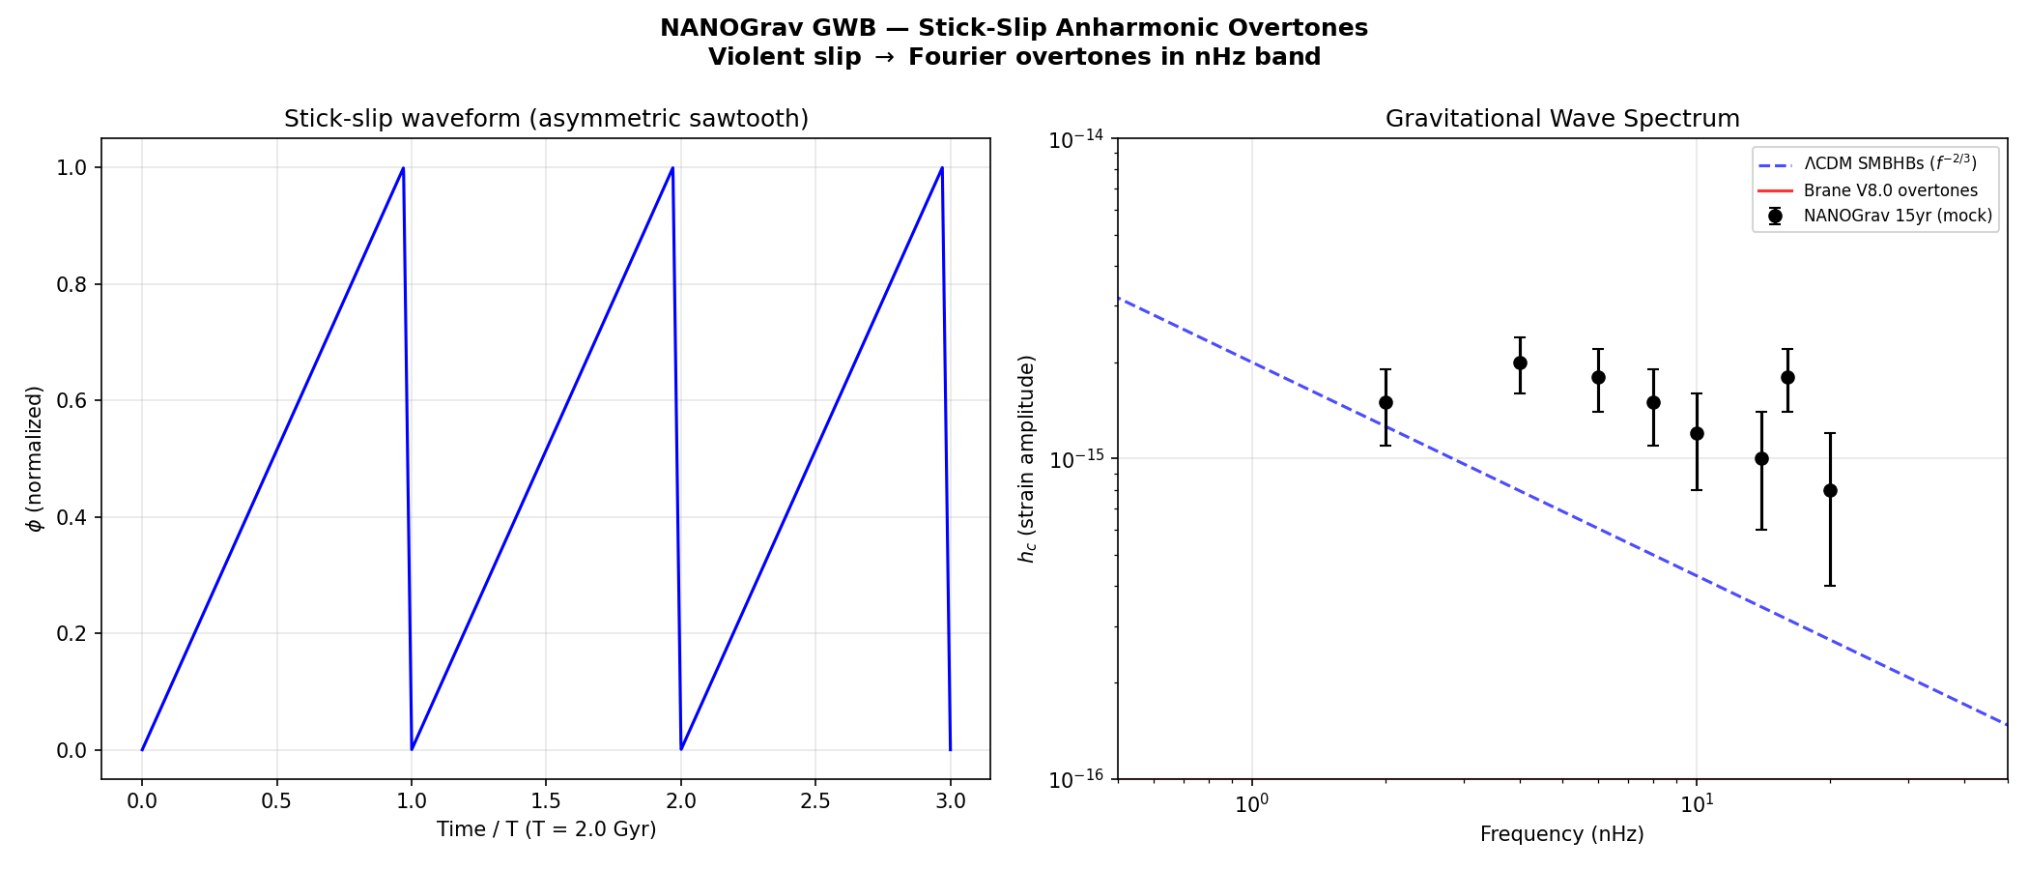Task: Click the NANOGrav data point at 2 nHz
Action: [x=1386, y=402]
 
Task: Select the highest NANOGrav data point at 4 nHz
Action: [x=1520, y=362]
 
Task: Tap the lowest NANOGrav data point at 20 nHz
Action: [x=1830, y=490]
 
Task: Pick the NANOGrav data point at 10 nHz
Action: [x=1697, y=433]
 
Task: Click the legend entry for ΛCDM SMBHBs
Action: [x=1890, y=163]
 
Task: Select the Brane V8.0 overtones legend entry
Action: [x=1890, y=190]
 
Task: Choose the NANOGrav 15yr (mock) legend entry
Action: [x=1898, y=216]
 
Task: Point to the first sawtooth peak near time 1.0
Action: [x=403, y=168]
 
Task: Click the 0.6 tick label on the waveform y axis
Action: [x=72, y=401]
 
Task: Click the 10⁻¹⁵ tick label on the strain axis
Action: [x=1076, y=460]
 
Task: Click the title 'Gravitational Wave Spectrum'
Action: [x=1562, y=119]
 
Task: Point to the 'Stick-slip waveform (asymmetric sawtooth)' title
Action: [x=546, y=119]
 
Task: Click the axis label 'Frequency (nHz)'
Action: [x=1561, y=834]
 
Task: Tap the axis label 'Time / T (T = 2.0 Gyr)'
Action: [x=546, y=829]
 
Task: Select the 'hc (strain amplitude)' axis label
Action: [x=1027, y=459]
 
